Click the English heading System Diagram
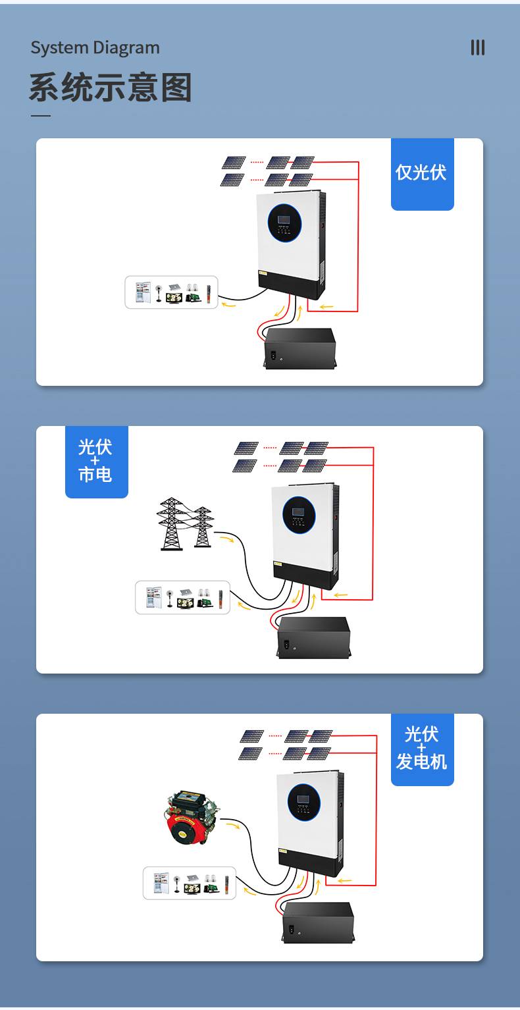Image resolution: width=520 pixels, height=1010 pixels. pyautogui.click(x=95, y=48)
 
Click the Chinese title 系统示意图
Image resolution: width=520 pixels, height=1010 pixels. pyautogui.click(x=111, y=87)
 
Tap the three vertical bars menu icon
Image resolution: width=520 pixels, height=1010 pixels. pyautogui.click(x=478, y=47)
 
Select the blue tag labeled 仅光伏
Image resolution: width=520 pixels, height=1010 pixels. pyautogui.click(x=422, y=174)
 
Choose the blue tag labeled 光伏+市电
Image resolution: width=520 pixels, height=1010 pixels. pyautogui.click(x=97, y=462)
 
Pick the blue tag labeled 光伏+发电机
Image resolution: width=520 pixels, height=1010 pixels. pyautogui.click(x=422, y=749)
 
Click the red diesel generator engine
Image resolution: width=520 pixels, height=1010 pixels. pyautogui.click(x=192, y=818)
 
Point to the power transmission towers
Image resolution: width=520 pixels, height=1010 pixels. pyautogui.click(x=185, y=524)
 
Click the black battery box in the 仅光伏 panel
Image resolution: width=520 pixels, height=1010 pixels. pyautogui.click(x=299, y=348)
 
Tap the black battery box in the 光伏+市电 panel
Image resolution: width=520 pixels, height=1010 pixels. pyautogui.click(x=313, y=637)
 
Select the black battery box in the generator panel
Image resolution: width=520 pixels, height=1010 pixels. pyautogui.click(x=318, y=922)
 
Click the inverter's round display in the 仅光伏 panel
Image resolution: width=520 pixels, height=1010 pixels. pyautogui.click(x=284, y=223)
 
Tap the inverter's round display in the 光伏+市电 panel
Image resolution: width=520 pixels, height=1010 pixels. pyautogui.click(x=299, y=515)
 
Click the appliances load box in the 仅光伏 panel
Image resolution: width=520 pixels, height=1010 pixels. pyautogui.click(x=171, y=292)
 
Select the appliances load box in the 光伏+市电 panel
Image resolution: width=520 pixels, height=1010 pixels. pyautogui.click(x=182, y=597)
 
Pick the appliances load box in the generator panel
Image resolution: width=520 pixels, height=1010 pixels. pyautogui.click(x=190, y=883)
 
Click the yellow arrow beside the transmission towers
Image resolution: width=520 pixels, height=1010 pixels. pyautogui.click(x=226, y=539)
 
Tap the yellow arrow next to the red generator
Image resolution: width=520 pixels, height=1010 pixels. pyautogui.click(x=232, y=826)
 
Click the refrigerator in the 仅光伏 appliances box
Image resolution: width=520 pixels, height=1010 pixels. pyautogui.click(x=143, y=292)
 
